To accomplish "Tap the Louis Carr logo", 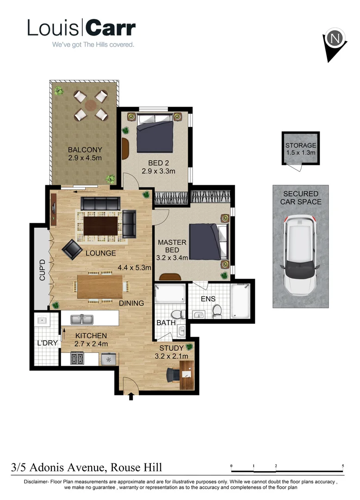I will (x=81, y=29).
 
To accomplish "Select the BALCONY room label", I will (x=85, y=150).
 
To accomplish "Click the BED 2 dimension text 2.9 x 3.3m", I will (x=158, y=171).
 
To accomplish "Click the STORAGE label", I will (x=300, y=145).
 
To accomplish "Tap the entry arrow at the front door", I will (x=131, y=396).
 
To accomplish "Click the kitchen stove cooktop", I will (x=77, y=359).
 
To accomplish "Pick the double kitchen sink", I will (x=82, y=319).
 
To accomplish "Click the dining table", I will (x=100, y=287).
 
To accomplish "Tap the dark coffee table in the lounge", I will (x=101, y=226).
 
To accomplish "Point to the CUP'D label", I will (x=42, y=270).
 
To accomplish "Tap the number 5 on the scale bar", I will (x=343, y=466).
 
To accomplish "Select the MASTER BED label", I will (x=172, y=246).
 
